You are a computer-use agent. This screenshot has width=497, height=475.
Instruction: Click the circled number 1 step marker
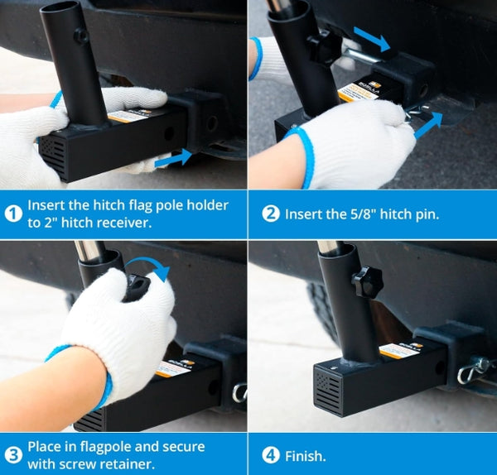click(x=13, y=214)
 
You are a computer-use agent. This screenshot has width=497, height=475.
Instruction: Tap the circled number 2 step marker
click(x=271, y=214)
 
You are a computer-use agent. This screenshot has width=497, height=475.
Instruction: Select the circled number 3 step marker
click(x=13, y=456)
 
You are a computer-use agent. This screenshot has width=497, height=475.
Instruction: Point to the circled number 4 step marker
click(x=271, y=456)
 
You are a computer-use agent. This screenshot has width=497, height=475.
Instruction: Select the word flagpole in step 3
click(x=105, y=447)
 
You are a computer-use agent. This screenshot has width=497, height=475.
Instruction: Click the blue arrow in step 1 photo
click(x=173, y=158)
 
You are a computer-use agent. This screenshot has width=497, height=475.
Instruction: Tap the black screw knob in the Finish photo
click(x=367, y=282)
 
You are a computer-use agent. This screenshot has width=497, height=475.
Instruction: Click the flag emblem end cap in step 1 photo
click(x=53, y=156)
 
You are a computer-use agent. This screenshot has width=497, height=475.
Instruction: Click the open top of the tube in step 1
click(x=60, y=8)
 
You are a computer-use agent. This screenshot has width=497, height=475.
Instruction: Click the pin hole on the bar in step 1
click(x=169, y=133)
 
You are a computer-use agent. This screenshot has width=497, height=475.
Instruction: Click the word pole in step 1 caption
click(x=168, y=205)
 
